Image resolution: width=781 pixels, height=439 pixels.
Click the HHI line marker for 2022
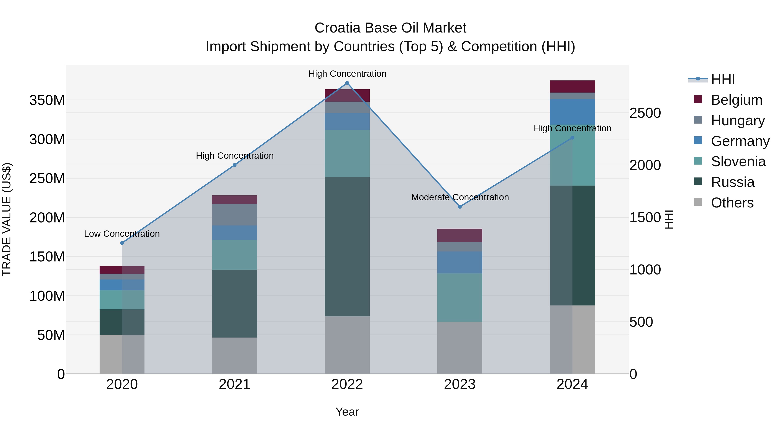click(x=347, y=83)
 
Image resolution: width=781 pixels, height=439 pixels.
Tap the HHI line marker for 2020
click(x=122, y=243)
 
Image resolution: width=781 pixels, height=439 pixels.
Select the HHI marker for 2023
click(x=460, y=207)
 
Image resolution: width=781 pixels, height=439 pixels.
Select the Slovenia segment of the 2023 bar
click(x=460, y=297)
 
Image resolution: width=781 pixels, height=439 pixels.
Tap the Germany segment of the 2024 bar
click(x=572, y=112)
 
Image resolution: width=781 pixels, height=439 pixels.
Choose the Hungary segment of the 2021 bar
click(x=234, y=214)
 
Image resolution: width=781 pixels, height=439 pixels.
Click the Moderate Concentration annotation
click(x=460, y=197)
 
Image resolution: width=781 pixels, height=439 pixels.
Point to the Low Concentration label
click(x=122, y=233)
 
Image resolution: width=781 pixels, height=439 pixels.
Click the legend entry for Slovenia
click(x=738, y=162)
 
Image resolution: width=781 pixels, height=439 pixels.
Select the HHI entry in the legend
click(x=723, y=79)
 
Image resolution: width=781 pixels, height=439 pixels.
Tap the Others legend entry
click(x=732, y=203)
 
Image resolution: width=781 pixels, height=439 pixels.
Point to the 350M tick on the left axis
click(x=47, y=100)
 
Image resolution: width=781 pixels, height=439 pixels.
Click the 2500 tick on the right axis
click(x=645, y=113)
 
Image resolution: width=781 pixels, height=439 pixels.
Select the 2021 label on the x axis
click(x=234, y=384)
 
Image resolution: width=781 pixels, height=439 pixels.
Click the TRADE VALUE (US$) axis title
click(x=7, y=219)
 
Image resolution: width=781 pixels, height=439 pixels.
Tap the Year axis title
click(x=347, y=412)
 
